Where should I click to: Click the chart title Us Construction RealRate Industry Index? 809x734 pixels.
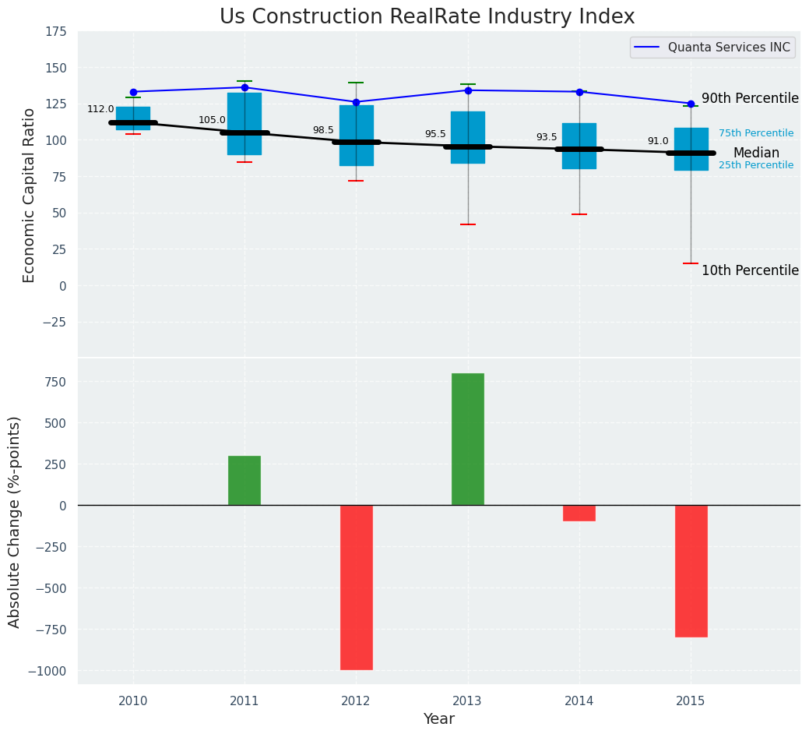click(x=427, y=17)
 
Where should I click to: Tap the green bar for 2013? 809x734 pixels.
click(x=467, y=439)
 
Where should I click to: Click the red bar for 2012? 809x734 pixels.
click(x=356, y=587)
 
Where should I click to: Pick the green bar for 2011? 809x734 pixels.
click(x=244, y=480)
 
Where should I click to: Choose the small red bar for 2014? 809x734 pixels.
click(x=579, y=513)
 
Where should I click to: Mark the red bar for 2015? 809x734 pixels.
click(x=691, y=570)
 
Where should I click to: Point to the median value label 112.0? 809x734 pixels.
click(x=100, y=110)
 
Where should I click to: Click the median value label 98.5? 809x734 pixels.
click(x=323, y=131)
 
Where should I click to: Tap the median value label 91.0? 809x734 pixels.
click(x=658, y=142)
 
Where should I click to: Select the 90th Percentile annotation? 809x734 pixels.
click(x=750, y=99)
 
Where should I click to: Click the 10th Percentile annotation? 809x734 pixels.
click(x=750, y=271)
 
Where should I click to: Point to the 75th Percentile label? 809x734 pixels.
click(x=756, y=134)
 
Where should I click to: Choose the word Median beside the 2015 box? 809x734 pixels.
click(x=756, y=154)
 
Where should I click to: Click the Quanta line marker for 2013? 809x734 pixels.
click(x=468, y=90)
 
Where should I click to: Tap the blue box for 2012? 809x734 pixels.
click(x=357, y=136)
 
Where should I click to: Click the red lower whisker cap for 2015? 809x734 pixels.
click(x=691, y=263)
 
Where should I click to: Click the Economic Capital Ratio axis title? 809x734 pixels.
click(x=30, y=195)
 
